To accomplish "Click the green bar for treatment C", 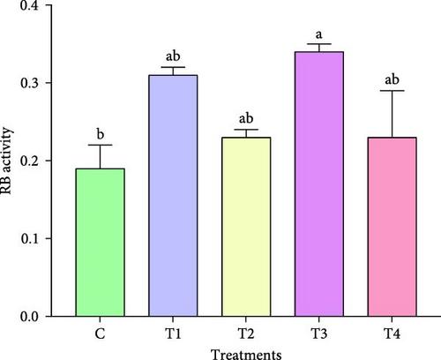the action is click(x=100, y=243).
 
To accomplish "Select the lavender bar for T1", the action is click(x=173, y=196).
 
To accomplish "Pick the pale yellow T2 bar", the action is click(x=246, y=227).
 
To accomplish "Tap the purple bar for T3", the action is click(x=319, y=184).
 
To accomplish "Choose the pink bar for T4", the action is click(x=392, y=227).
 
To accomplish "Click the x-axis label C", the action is click(x=100, y=334).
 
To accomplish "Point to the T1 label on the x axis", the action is click(x=173, y=334).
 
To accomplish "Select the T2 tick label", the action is click(x=246, y=334).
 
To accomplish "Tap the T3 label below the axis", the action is click(x=319, y=334).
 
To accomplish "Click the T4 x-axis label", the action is click(x=392, y=334).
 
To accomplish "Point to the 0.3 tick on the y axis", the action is click(x=29, y=83).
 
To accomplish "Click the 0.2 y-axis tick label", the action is click(x=29, y=161).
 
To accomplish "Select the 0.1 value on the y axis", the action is click(x=29, y=238).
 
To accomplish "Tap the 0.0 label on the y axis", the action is click(x=29, y=317).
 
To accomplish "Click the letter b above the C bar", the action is click(x=101, y=134).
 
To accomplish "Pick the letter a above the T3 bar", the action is click(x=318, y=35).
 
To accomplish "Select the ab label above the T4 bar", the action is click(x=392, y=79).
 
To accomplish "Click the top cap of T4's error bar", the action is click(x=392, y=91).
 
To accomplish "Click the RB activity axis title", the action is click(x=6, y=161).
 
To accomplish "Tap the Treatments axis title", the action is click(x=246, y=354).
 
